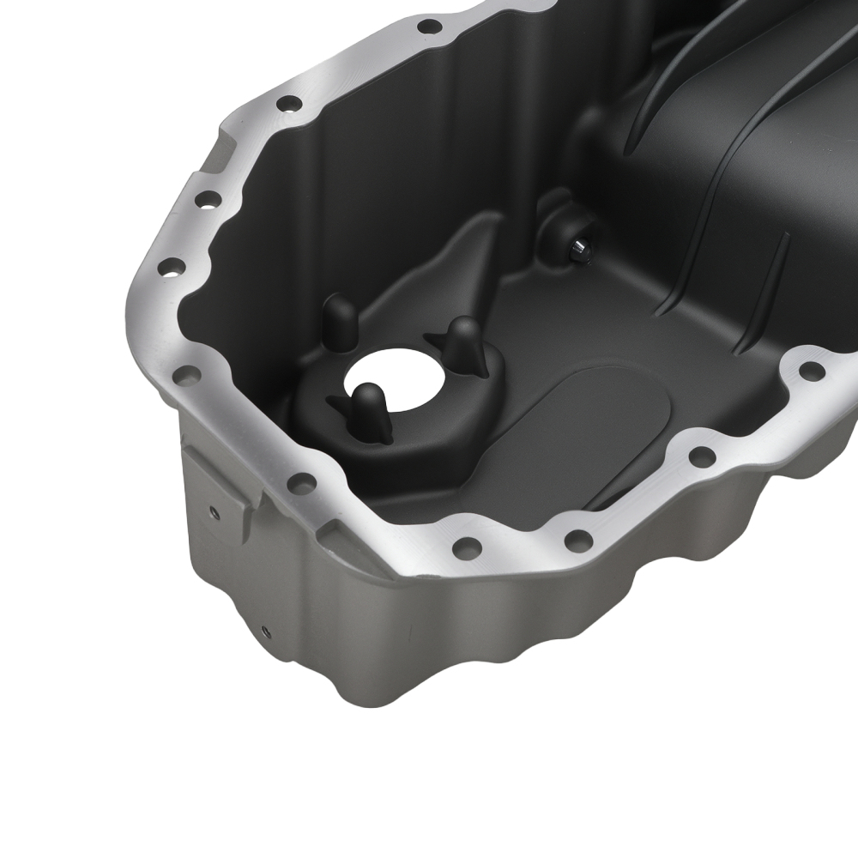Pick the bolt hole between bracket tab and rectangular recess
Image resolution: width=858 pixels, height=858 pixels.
tap(301, 483)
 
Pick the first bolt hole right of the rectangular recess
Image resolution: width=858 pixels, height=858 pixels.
tap(466, 546)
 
